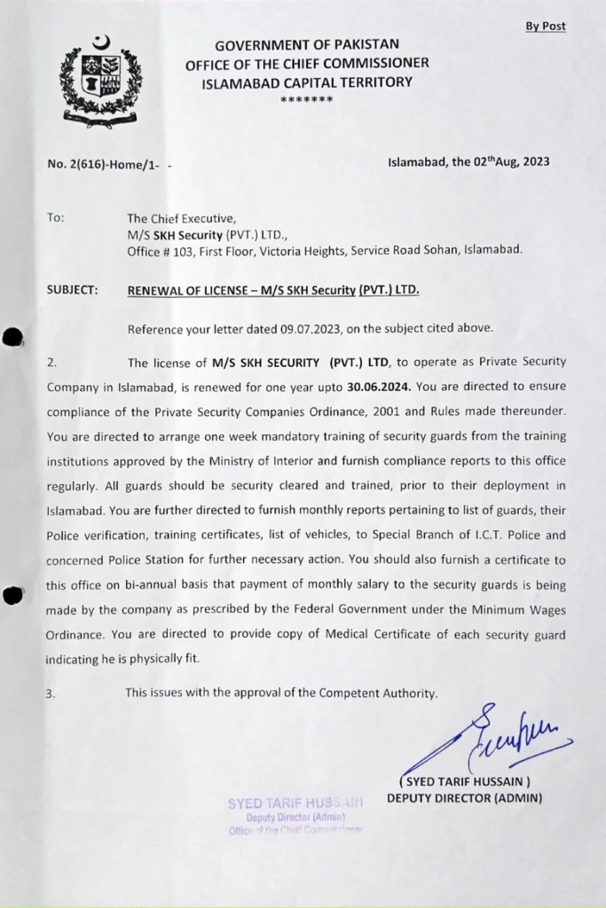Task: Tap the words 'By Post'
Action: [x=545, y=27]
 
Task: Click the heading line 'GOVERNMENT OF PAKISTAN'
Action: [x=307, y=44]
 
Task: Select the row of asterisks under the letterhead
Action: [x=306, y=98]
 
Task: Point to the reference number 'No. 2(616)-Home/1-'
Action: [x=102, y=163]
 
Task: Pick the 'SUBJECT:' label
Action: [x=73, y=290]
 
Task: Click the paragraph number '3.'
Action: [x=51, y=693]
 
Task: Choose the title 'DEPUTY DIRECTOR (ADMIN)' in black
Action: [x=464, y=798]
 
